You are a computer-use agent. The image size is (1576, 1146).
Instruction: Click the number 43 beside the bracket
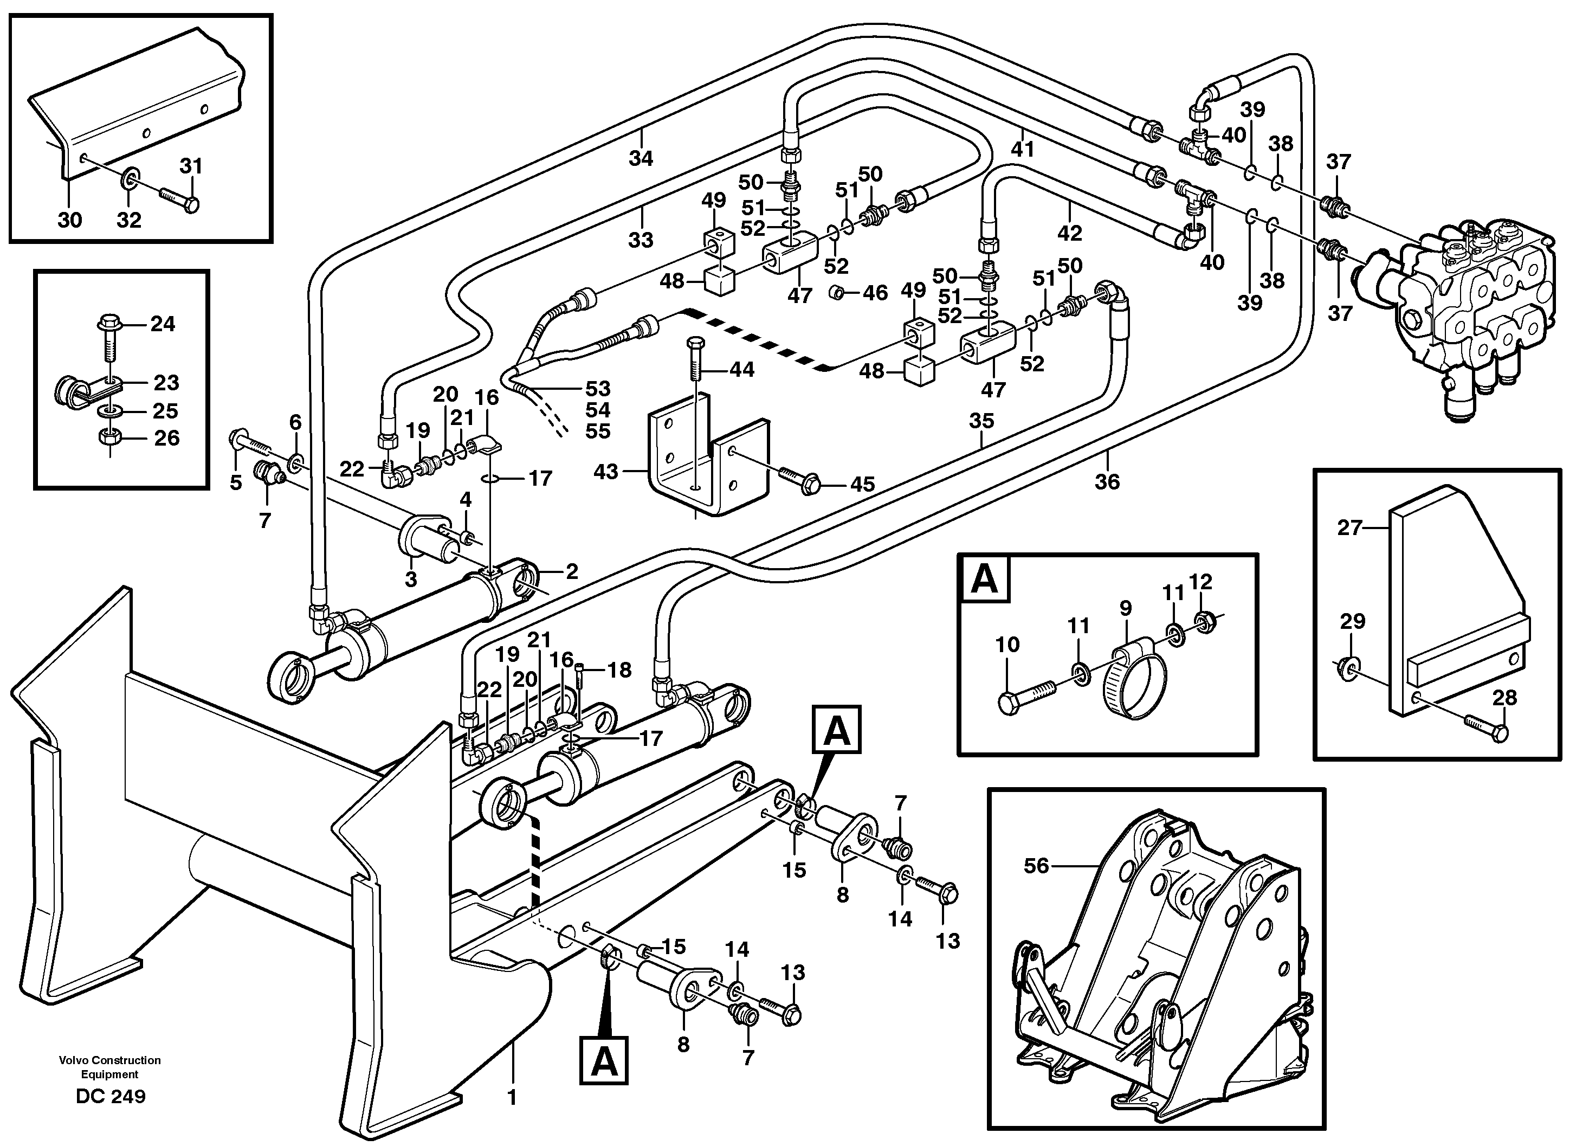[x=606, y=472]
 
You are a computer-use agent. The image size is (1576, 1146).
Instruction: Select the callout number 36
[x=1107, y=481]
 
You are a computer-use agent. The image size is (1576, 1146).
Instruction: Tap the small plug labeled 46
[x=838, y=293]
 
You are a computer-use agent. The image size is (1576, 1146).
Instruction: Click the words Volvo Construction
[x=110, y=1060]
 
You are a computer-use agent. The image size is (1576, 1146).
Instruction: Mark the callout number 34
[x=641, y=158]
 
